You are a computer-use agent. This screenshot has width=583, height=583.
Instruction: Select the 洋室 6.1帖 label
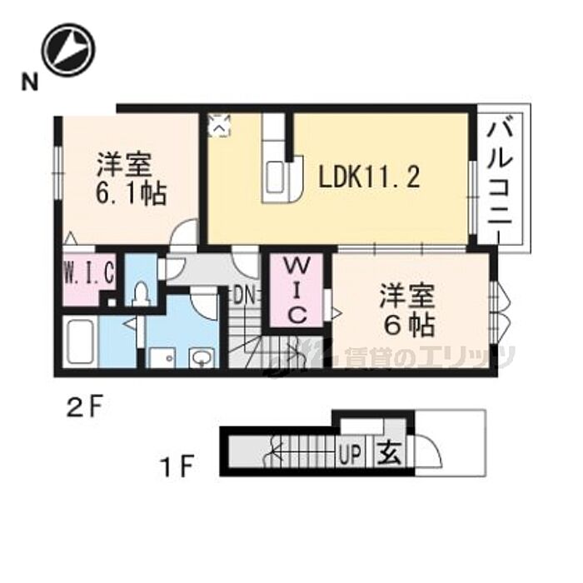pyautogui.click(x=131, y=178)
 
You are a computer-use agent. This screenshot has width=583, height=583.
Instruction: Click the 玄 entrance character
pyautogui.click(x=389, y=455)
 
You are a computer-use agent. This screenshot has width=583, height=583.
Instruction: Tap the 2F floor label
pyautogui.click(x=87, y=407)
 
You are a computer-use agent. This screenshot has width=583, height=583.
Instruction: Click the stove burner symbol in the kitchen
pyautogui.click(x=220, y=126)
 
